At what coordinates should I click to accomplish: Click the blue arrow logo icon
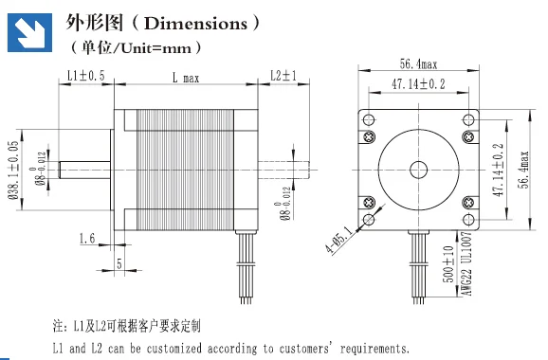[x=29, y=32]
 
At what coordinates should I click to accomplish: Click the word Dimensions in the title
[x=195, y=24]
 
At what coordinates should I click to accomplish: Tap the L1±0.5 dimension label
[x=86, y=76]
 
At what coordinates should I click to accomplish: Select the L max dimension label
[x=186, y=78]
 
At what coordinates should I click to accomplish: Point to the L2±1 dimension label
[x=283, y=75]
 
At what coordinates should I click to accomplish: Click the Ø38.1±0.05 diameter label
[x=13, y=170]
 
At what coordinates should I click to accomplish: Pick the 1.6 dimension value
[x=87, y=238]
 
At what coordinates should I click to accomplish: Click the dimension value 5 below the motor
[x=119, y=263]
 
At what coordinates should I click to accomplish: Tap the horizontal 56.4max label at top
[x=418, y=63]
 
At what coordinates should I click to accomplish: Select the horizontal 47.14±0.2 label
[x=418, y=84]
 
